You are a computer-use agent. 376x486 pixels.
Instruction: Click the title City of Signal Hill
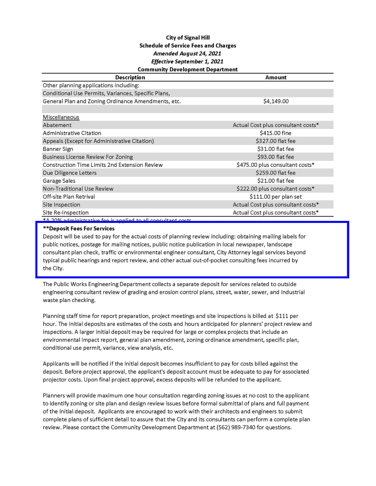click(x=188, y=38)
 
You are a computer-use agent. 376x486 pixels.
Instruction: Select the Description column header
click(x=130, y=77)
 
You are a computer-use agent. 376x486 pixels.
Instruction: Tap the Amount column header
click(x=276, y=77)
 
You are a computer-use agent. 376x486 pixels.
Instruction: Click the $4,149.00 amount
click(x=276, y=101)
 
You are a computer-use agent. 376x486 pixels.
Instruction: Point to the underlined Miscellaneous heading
click(x=61, y=117)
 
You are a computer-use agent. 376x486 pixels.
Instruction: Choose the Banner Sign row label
click(x=58, y=149)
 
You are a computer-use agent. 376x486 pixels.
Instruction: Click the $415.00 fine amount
click(x=276, y=133)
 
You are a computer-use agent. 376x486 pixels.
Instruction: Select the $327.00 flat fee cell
click(x=276, y=141)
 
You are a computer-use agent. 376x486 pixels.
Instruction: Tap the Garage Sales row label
click(x=59, y=181)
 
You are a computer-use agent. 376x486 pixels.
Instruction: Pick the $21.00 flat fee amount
click(x=276, y=181)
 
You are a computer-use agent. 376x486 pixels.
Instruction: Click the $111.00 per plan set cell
click(x=276, y=197)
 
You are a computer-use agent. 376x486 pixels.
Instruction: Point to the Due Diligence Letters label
click(x=70, y=173)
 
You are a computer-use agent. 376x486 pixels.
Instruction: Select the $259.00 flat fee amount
click(x=276, y=173)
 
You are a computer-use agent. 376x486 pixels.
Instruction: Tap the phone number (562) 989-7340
click(x=236, y=427)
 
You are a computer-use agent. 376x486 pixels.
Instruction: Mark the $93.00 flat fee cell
click(x=276, y=157)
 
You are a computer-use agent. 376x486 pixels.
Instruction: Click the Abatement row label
click(x=57, y=125)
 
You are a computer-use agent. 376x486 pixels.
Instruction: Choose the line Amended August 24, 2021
click(x=187, y=54)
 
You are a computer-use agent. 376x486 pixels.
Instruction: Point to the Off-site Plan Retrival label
click(x=69, y=197)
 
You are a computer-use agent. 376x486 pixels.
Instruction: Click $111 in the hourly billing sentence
click(x=282, y=316)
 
